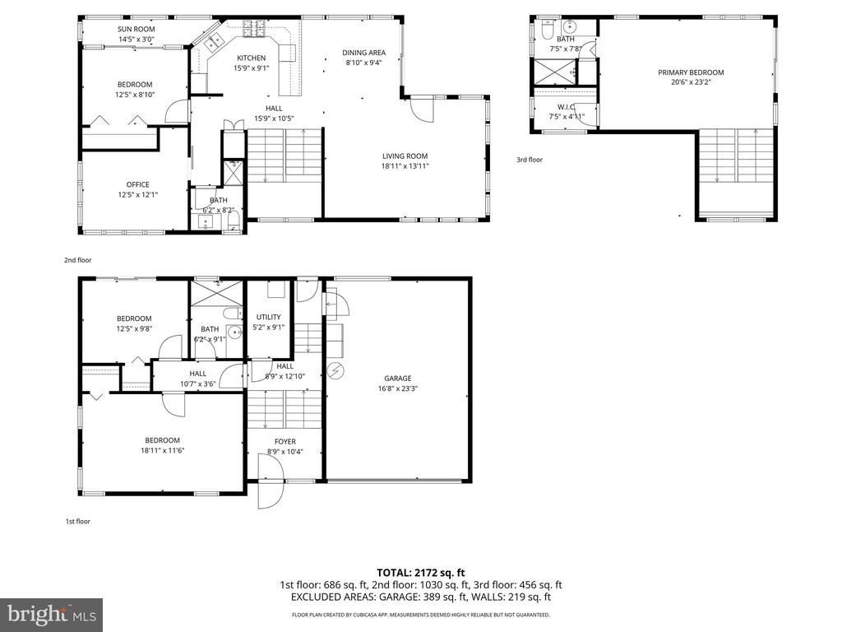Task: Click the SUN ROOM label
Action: click(x=136, y=29)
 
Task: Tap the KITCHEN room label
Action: click(x=252, y=58)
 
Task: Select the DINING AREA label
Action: click(x=364, y=53)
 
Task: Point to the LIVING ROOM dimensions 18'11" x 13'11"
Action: click(x=405, y=166)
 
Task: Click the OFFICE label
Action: click(x=138, y=185)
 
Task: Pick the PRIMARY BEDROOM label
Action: click(x=691, y=72)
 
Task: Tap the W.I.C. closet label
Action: click(x=566, y=108)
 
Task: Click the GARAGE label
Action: click(x=398, y=379)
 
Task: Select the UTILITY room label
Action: click(x=269, y=317)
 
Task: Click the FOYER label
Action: click(x=285, y=442)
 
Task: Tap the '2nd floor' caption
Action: click(x=78, y=260)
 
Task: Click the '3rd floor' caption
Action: click(x=530, y=160)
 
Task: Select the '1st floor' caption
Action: click(x=78, y=521)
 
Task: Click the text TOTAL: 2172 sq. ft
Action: click(x=420, y=573)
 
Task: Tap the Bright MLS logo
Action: click(x=52, y=614)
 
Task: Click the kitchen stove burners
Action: click(x=254, y=29)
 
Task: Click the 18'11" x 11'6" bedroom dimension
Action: click(x=163, y=451)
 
